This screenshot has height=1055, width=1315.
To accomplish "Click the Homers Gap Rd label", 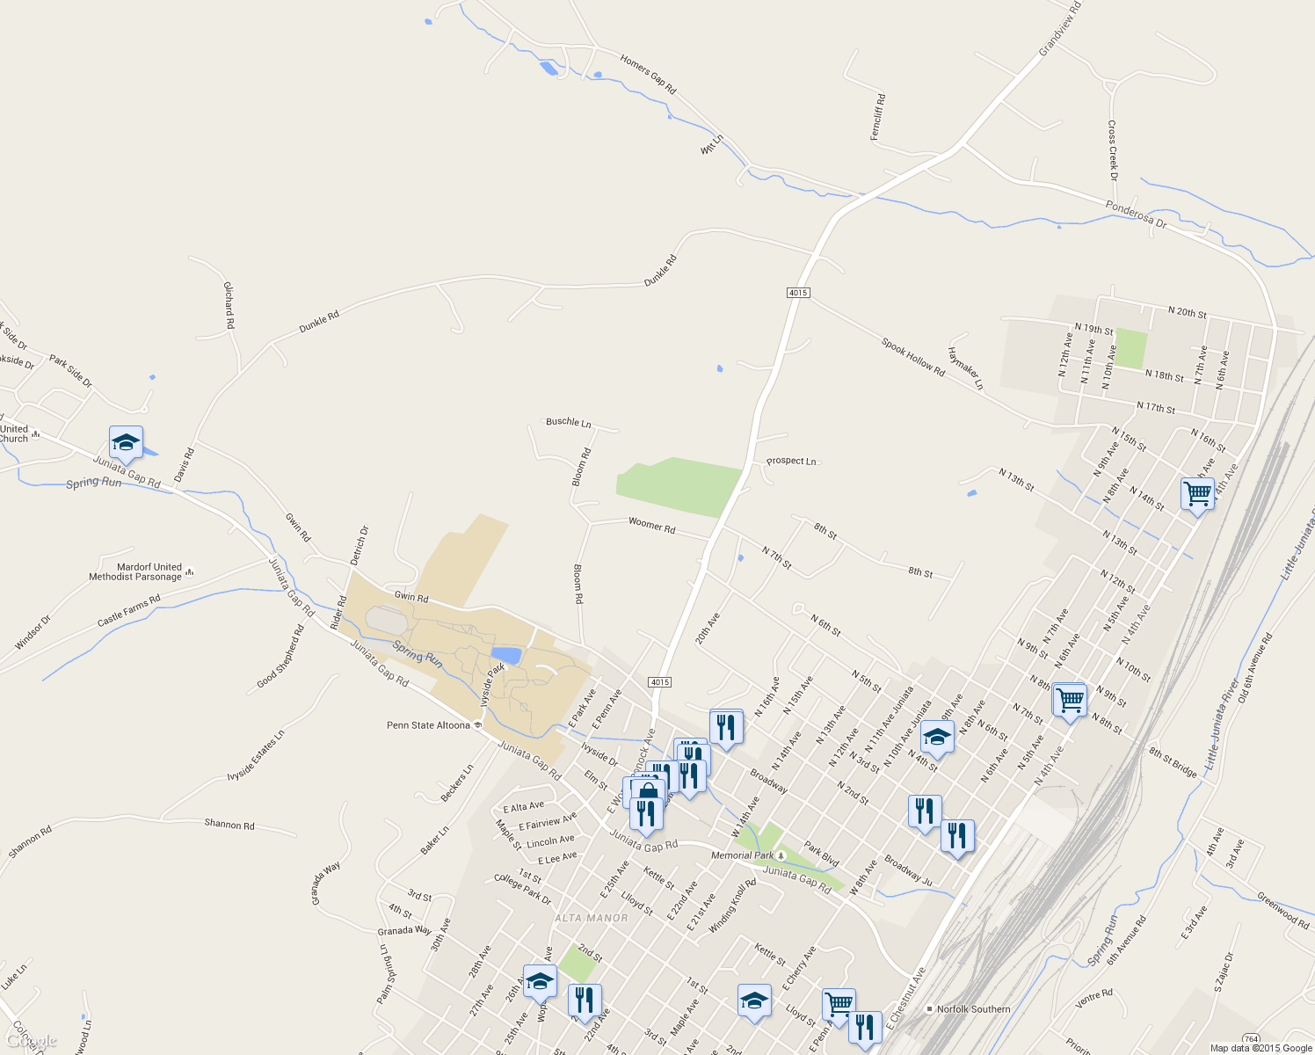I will [x=648, y=75].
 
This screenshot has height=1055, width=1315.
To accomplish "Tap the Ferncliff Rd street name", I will [x=878, y=117].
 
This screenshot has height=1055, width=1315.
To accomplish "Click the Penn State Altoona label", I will [x=429, y=725].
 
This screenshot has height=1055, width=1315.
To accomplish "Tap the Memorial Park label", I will [x=743, y=855].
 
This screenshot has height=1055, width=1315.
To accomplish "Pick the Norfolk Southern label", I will [x=973, y=1009].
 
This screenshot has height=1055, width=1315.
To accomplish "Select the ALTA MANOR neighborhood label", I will [x=592, y=918].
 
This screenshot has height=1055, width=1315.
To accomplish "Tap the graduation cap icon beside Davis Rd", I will [x=126, y=443].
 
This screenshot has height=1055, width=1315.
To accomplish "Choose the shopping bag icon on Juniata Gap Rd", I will [x=648, y=791].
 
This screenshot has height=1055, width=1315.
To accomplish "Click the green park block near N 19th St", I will [x=1131, y=348].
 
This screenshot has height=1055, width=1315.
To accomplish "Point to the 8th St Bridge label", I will [x=1173, y=762].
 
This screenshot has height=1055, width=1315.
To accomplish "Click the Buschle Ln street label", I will [x=569, y=423].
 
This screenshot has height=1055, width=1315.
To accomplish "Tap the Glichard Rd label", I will [x=229, y=305].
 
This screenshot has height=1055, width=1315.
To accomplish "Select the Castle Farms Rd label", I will [x=129, y=611].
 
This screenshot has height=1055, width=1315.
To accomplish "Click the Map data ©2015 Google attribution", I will [x=1261, y=1048].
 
